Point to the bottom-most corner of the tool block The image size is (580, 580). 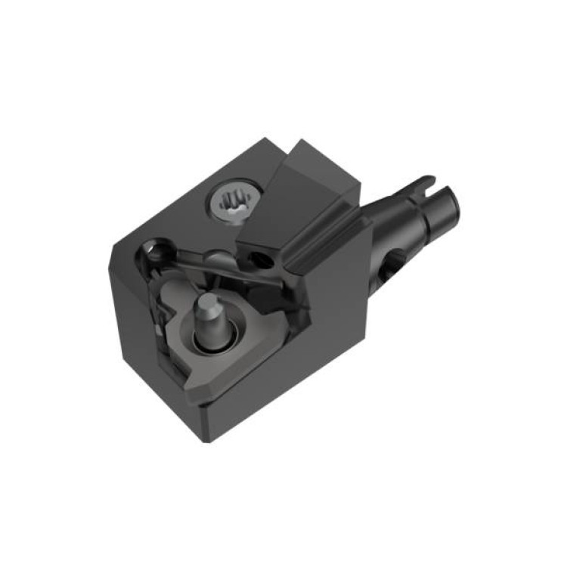pyautogui.click(x=206, y=439)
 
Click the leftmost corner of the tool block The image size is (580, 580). pyautogui.click(x=114, y=246)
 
